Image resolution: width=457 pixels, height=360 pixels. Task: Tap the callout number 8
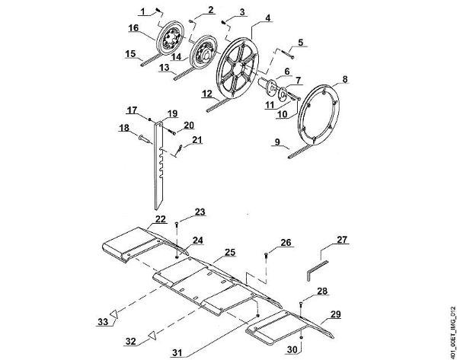(x=345, y=78)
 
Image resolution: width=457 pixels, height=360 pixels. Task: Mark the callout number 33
(x=101, y=323)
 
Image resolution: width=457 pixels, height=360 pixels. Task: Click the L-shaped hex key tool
(x=316, y=267)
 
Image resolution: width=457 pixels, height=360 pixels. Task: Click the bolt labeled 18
(x=145, y=138)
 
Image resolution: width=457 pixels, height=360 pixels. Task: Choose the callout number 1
(x=142, y=10)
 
